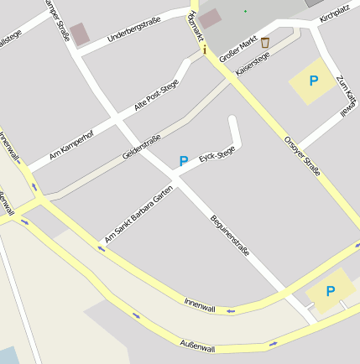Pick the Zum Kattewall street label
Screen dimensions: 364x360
pyautogui.click(x=344, y=96)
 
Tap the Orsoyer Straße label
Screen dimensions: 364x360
pyautogui.click(x=302, y=155)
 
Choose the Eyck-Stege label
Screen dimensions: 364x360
pyautogui.click(x=217, y=156)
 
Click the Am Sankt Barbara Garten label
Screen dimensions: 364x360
pyautogui.click(x=138, y=216)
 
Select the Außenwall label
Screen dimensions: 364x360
pyautogui.click(x=198, y=347)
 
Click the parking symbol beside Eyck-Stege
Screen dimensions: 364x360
pyautogui.click(x=184, y=160)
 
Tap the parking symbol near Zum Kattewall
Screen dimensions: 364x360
pyautogui.click(x=314, y=81)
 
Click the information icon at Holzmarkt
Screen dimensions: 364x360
pyautogui.click(x=204, y=49)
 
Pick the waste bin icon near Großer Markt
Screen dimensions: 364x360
pyautogui.click(x=265, y=42)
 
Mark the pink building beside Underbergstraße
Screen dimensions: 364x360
pyautogui.click(x=80, y=34)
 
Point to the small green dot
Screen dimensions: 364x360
pyautogui.click(x=246, y=11)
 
